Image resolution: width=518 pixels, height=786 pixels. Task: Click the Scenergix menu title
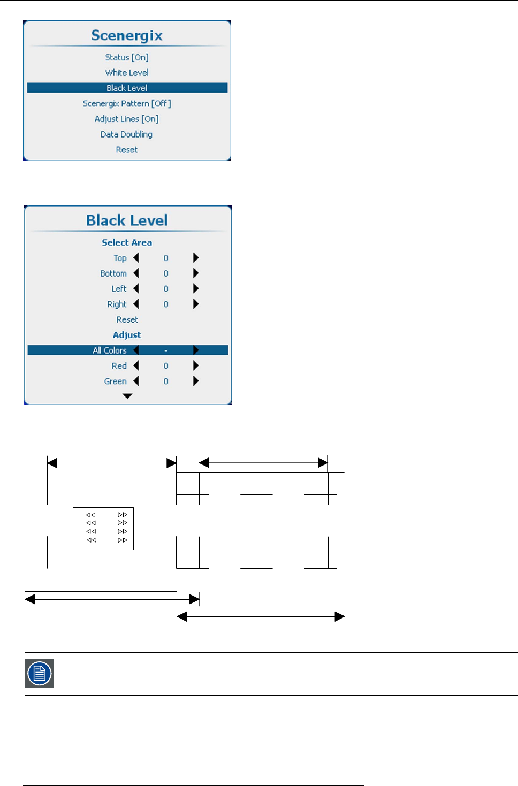127,35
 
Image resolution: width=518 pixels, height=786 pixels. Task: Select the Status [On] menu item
127,57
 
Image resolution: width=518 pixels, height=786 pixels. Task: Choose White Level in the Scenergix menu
127,73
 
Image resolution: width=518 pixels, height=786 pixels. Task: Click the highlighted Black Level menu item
127,88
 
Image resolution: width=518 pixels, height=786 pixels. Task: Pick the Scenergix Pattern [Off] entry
127,103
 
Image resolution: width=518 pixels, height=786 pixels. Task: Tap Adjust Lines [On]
127,119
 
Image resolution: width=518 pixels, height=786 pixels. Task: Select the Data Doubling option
127,134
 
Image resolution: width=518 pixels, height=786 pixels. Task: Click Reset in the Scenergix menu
127,150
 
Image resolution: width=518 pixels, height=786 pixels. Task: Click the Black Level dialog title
127,220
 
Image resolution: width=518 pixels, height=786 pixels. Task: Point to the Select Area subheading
127,242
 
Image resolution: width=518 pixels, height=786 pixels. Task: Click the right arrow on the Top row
196,258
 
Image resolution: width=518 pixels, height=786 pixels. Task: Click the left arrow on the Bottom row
136,273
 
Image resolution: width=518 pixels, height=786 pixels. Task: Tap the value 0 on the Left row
166,289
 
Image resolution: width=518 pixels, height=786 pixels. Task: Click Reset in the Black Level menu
127,319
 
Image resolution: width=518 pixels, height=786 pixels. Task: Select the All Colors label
110,350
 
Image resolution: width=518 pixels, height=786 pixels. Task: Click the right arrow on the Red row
196,366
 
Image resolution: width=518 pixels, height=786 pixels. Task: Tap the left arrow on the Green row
136,381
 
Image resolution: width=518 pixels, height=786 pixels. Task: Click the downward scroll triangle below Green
127,396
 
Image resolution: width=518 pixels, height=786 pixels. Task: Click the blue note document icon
39,673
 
